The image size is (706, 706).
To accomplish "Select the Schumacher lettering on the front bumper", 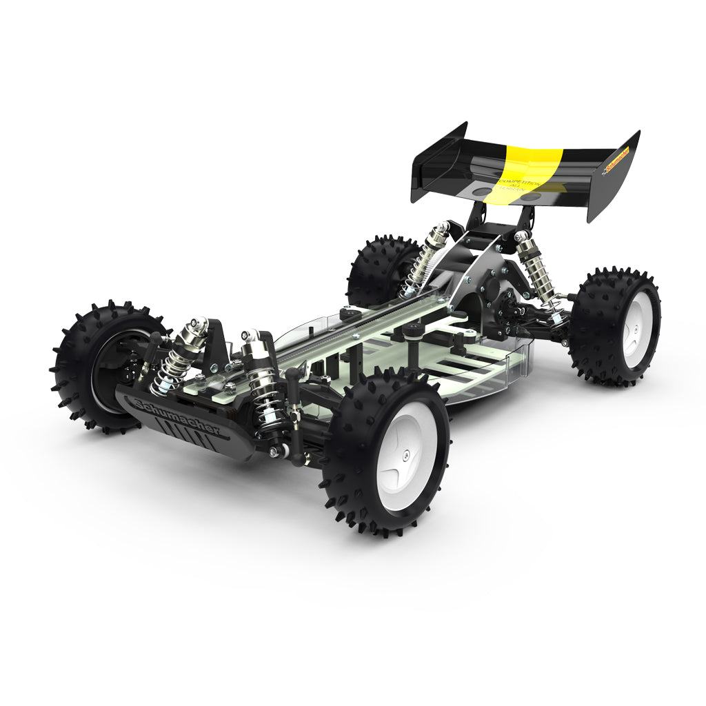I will point(178,417).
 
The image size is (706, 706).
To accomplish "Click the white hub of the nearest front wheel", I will point(407,455).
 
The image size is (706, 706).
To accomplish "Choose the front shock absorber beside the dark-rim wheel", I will point(178,355).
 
